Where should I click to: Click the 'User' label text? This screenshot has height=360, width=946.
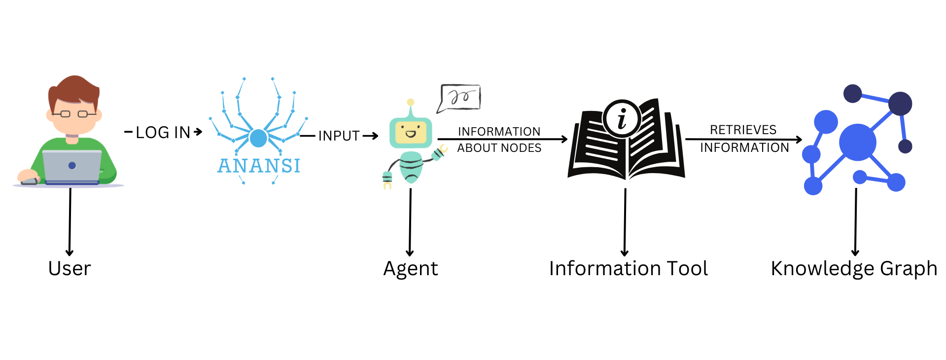[x=70, y=269]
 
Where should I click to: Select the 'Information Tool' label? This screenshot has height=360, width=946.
[x=628, y=269]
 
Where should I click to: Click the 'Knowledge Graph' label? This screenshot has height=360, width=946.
[x=853, y=269]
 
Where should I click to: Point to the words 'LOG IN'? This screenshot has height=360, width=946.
[x=163, y=132]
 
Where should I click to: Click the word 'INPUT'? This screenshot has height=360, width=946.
[x=339, y=136]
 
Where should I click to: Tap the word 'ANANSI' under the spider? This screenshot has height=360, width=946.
[x=259, y=166]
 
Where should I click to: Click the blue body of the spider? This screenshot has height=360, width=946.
[x=258, y=138]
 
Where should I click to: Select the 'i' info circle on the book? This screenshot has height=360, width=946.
[x=622, y=119]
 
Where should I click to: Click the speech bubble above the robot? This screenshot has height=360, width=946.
[x=459, y=97]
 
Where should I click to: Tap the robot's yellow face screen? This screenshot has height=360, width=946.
[x=411, y=133]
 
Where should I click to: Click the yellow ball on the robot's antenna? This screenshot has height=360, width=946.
[x=411, y=102]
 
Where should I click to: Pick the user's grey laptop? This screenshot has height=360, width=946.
[x=72, y=166]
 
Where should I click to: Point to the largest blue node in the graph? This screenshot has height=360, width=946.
[x=857, y=143]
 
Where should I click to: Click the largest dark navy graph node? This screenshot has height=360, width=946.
[x=900, y=104]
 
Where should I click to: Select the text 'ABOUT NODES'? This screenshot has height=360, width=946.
[x=499, y=148]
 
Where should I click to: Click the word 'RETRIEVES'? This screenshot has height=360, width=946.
[x=743, y=130]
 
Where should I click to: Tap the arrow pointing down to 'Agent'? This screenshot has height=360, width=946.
[x=410, y=222]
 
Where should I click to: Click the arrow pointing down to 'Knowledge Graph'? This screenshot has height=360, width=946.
[x=856, y=222]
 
